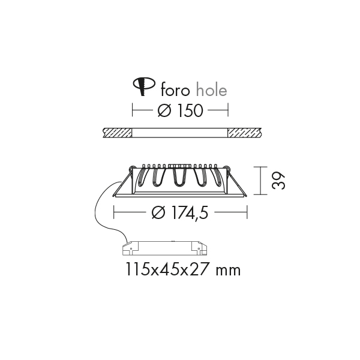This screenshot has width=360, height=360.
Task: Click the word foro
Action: (175, 90)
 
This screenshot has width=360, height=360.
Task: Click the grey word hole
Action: (212, 90)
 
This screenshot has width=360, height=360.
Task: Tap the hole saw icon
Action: (144, 86)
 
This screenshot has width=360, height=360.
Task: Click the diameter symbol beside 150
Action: (164, 110)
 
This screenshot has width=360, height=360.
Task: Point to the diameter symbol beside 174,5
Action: (158, 212)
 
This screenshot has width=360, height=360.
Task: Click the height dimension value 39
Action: (278, 181)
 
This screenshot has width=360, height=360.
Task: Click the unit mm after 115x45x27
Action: (229, 271)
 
